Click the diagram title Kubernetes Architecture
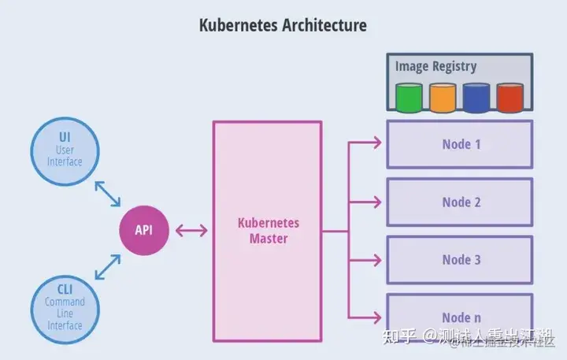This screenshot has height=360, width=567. (x=283, y=25)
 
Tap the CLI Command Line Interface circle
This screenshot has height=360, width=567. (x=65, y=302)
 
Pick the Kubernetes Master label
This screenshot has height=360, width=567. (x=268, y=230)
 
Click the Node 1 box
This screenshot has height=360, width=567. (x=461, y=144)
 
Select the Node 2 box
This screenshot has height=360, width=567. (x=461, y=202)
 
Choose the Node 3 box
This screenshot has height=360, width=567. (x=461, y=260)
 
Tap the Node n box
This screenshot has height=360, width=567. (x=461, y=317)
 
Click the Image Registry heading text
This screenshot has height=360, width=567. (x=435, y=66)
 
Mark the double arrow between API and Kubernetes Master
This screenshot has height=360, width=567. (x=191, y=231)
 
